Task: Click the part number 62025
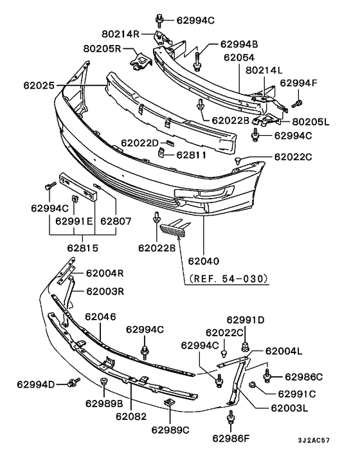coord(39,86)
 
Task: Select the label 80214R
coord(120,34)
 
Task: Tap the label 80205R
coord(102,48)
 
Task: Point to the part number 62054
coord(239,57)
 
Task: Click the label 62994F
coord(298,83)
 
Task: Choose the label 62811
coord(192,155)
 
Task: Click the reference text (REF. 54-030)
coord(228,278)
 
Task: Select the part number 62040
coord(203,261)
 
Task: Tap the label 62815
coord(83,248)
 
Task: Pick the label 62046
coord(100,317)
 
